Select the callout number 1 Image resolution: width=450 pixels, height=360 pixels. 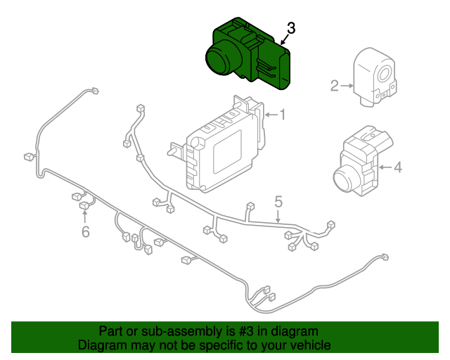(283, 115)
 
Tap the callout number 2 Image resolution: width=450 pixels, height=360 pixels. (335, 86)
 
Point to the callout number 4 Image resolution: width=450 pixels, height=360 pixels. (397, 167)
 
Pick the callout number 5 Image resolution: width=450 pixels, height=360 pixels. (278, 202)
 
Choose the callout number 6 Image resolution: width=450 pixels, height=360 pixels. (85, 231)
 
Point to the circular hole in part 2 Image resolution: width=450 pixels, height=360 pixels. (385, 75)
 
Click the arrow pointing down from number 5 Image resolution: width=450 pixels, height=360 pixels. (278, 217)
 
